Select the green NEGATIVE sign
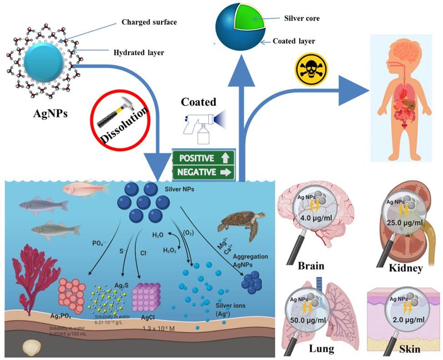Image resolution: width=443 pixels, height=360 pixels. coord(203,173)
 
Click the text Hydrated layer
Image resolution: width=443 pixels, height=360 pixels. coord(138,52)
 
